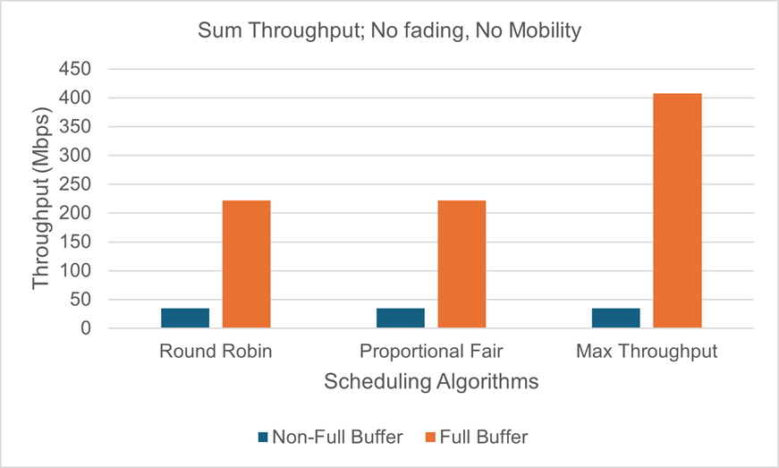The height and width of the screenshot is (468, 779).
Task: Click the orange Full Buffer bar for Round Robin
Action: click(246, 264)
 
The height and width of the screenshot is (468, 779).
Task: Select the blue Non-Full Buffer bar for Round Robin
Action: click(185, 318)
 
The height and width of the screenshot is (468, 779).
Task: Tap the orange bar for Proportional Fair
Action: click(461, 264)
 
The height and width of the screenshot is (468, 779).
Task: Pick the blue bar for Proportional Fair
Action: click(401, 318)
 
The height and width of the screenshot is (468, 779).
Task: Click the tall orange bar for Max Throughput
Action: click(677, 210)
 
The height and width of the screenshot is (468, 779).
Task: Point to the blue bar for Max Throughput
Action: click(616, 318)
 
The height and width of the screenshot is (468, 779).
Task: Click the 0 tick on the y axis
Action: click(87, 328)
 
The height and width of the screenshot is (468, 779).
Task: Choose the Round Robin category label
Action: click(216, 352)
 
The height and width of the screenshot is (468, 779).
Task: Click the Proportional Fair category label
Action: click(431, 352)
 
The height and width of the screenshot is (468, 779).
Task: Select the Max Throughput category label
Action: click(647, 352)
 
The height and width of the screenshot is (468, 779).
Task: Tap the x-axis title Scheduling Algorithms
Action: click(431, 382)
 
